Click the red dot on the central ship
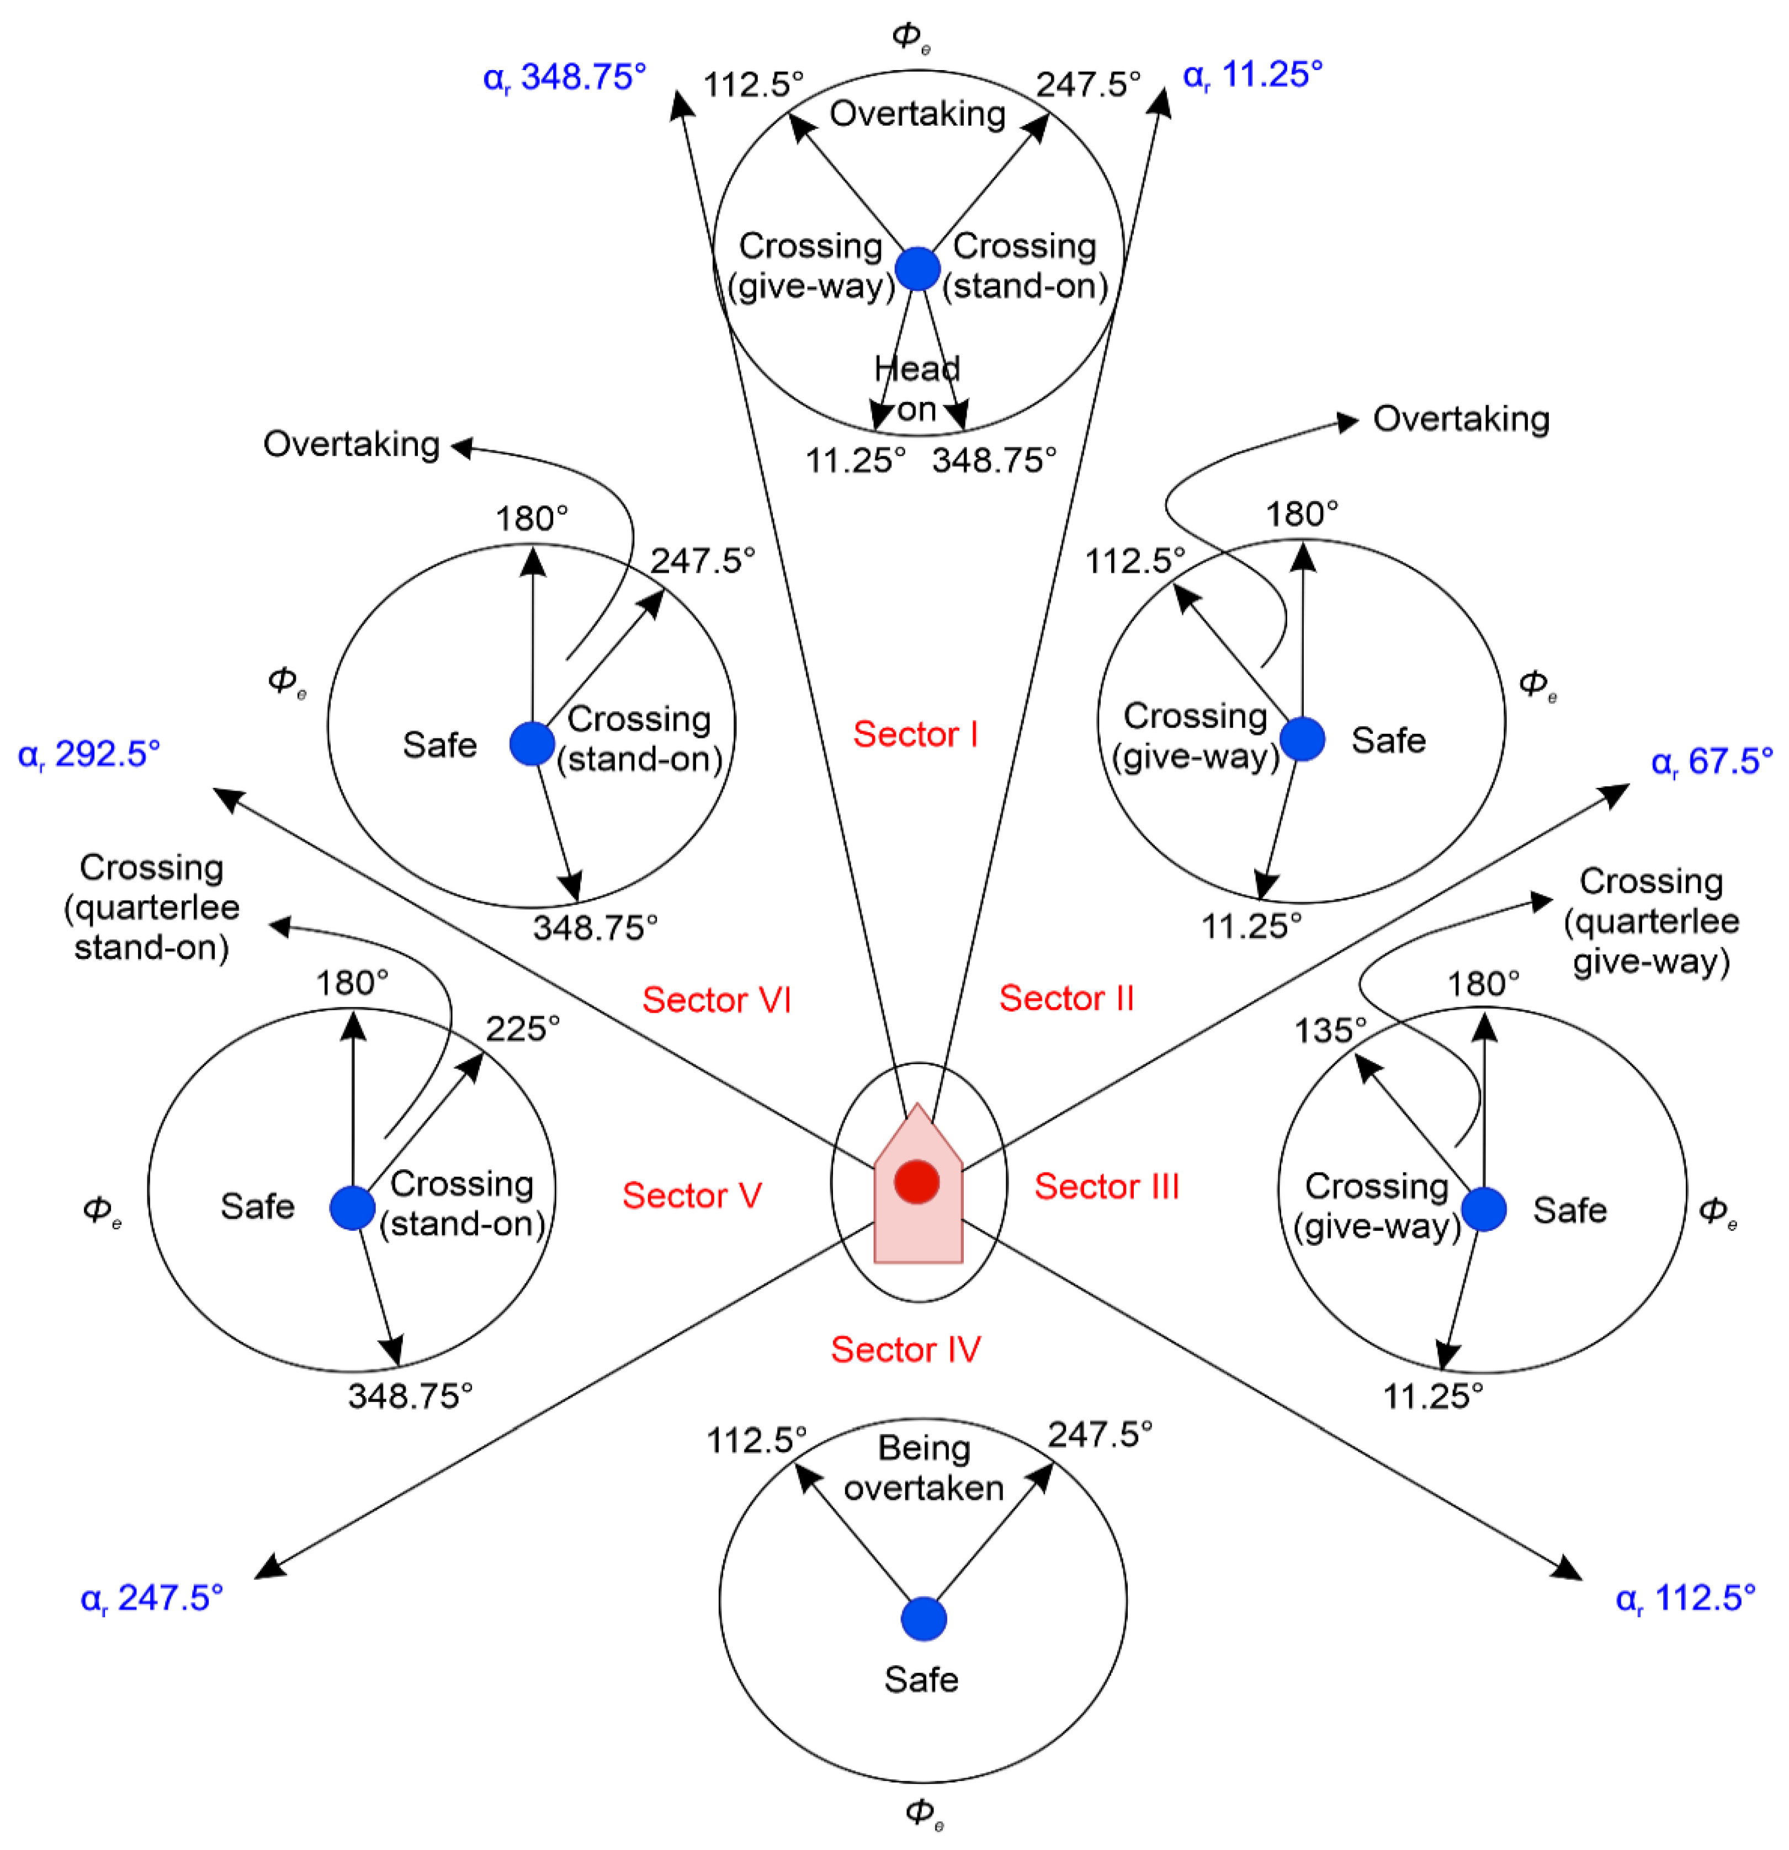(916, 1182)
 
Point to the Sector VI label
(715, 1000)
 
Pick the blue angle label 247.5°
(151, 1598)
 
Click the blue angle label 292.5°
(89, 754)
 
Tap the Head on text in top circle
(917, 388)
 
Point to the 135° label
(1329, 1030)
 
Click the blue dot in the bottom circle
(923, 1620)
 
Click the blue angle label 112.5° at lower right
(1685, 1598)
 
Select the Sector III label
(1106, 1186)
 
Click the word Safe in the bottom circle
(921, 1679)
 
